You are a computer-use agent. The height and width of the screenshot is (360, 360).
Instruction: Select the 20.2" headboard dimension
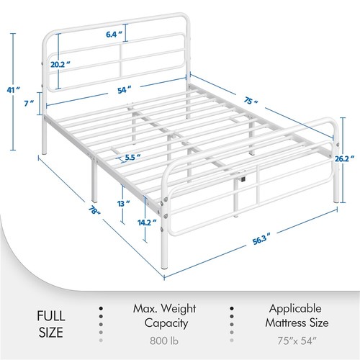tap(59, 64)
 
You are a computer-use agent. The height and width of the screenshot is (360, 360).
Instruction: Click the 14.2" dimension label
tap(147, 222)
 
